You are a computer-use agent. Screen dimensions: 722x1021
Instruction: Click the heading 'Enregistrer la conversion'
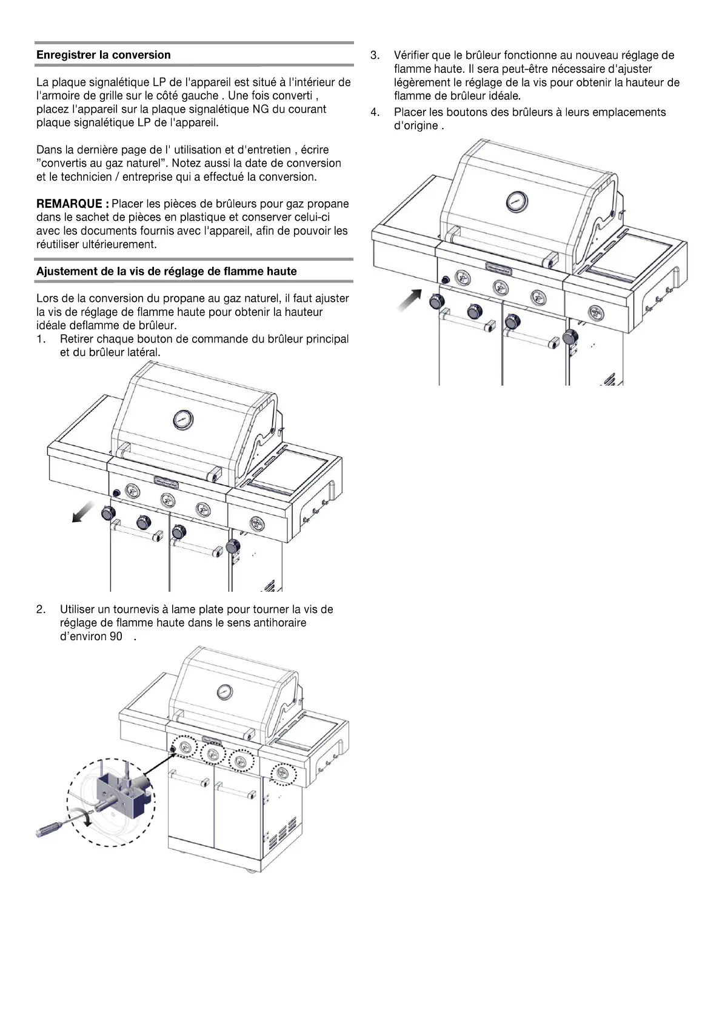pos(104,55)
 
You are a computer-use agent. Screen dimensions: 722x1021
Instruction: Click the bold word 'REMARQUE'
pos(72,204)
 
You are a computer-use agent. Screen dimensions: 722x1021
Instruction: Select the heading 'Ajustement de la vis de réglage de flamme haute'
pos(167,272)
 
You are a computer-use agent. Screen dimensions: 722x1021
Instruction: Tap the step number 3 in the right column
pos(375,56)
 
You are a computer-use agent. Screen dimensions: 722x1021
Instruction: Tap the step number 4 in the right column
pos(375,112)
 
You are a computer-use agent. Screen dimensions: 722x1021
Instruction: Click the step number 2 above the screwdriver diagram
pos(41,609)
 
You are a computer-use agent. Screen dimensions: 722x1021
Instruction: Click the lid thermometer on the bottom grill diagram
pos(224,691)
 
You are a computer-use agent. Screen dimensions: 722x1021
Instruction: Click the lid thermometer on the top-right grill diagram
pos(516,201)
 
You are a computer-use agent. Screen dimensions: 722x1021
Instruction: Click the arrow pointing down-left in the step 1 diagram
pos(82,512)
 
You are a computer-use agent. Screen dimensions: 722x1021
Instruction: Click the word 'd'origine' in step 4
pos(416,126)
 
